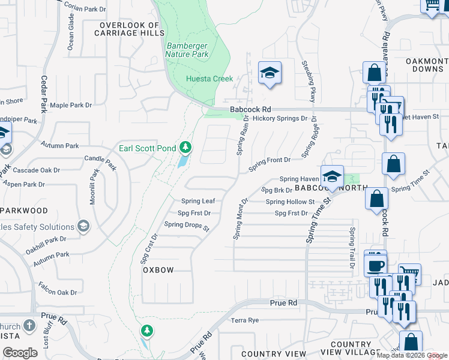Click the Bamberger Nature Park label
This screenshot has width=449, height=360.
click(x=187, y=50)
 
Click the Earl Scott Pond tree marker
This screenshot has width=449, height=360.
click(x=186, y=148)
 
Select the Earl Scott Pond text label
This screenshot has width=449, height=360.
click(x=148, y=148)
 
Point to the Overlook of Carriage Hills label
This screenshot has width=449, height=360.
click(x=130, y=29)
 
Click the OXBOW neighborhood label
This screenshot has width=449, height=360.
click(x=158, y=270)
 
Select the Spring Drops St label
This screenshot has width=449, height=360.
click(x=187, y=226)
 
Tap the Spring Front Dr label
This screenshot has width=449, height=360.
click(x=270, y=161)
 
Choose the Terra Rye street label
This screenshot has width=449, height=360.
click(x=245, y=320)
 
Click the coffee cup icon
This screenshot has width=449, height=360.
click(x=376, y=265)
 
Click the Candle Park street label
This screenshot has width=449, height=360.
click(x=100, y=161)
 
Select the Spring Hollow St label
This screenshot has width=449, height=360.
click(x=290, y=202)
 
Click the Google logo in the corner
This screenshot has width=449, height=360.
click(x=20, y=353)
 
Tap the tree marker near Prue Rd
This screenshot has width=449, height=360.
click(x=146, y=331)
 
